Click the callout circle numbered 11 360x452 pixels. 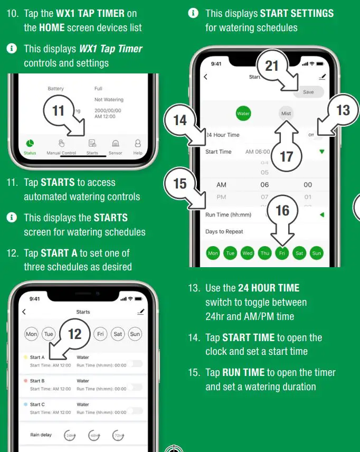pyautogui.click(x=59, y=111)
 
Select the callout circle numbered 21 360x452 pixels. pyautogui.click(x=272, y=66)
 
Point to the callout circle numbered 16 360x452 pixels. pyautogui.click(x=282, y=210)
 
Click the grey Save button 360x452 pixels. pyautogui.click(x=308, y=92)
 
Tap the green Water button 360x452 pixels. pyautogui.click(x=243, y=113)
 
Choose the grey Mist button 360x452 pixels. pyautogui.click(x=286, y=113)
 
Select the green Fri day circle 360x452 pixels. pyautogui.click(x=282, y=253)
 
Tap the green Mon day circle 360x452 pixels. pyautogui.click(x=213, y=253)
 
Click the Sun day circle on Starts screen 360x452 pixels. pyautogui.click(x=135, y=334)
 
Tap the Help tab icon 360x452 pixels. pyautogui.click(x=138, y=144)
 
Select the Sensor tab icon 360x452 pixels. pyautogui.click(x=115, y=144)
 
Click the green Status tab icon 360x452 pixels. pyautogui.click(x=30, y=144)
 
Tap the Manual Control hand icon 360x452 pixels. pyautogui.click(x=61, y=144)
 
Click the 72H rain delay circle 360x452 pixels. pyautogui.click(x=119, y=436)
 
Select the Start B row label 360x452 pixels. pyautogui.click(x=37, y=381)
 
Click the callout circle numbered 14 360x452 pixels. pyautogui.click(x=180, y=120)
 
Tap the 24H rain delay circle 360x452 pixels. pyautogui.click(x=70, y=436)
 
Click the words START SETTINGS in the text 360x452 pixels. pyautogui.click(x=297, y=13)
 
